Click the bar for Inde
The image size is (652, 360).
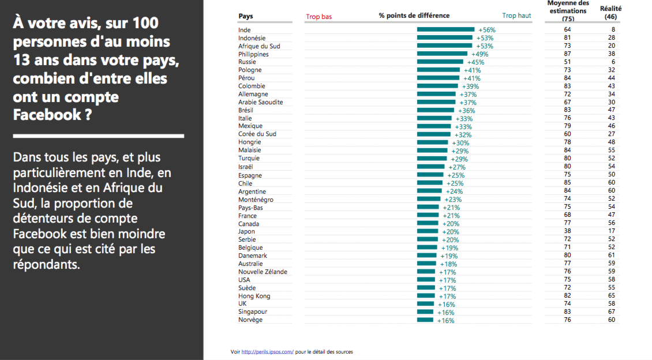pos(446,29)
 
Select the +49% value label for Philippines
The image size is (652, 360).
pos(480,54)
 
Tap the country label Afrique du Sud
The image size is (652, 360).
pos(259,46)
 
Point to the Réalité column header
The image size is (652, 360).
pos(610,13)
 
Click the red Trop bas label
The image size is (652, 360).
pos(319,17)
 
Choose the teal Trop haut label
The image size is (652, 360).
pos(516,16)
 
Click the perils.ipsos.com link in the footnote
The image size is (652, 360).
pos(267,352)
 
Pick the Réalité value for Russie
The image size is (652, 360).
pos(613,62)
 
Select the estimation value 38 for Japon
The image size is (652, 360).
pos(567,231)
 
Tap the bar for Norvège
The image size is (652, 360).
pos(425,320)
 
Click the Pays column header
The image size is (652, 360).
pos(246,16)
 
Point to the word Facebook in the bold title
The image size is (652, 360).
pos(47,115)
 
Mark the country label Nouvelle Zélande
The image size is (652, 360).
pos(263,272)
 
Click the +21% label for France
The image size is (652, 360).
pos(451,216)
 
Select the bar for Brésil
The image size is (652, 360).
pos(436,110)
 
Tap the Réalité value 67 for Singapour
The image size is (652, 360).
pos(611,312)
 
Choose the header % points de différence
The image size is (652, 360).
pos(414,16)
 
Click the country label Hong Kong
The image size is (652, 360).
pos(254,297)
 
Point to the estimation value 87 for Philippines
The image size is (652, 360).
pos(567,54)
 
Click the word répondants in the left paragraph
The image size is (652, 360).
pos(46,265)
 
